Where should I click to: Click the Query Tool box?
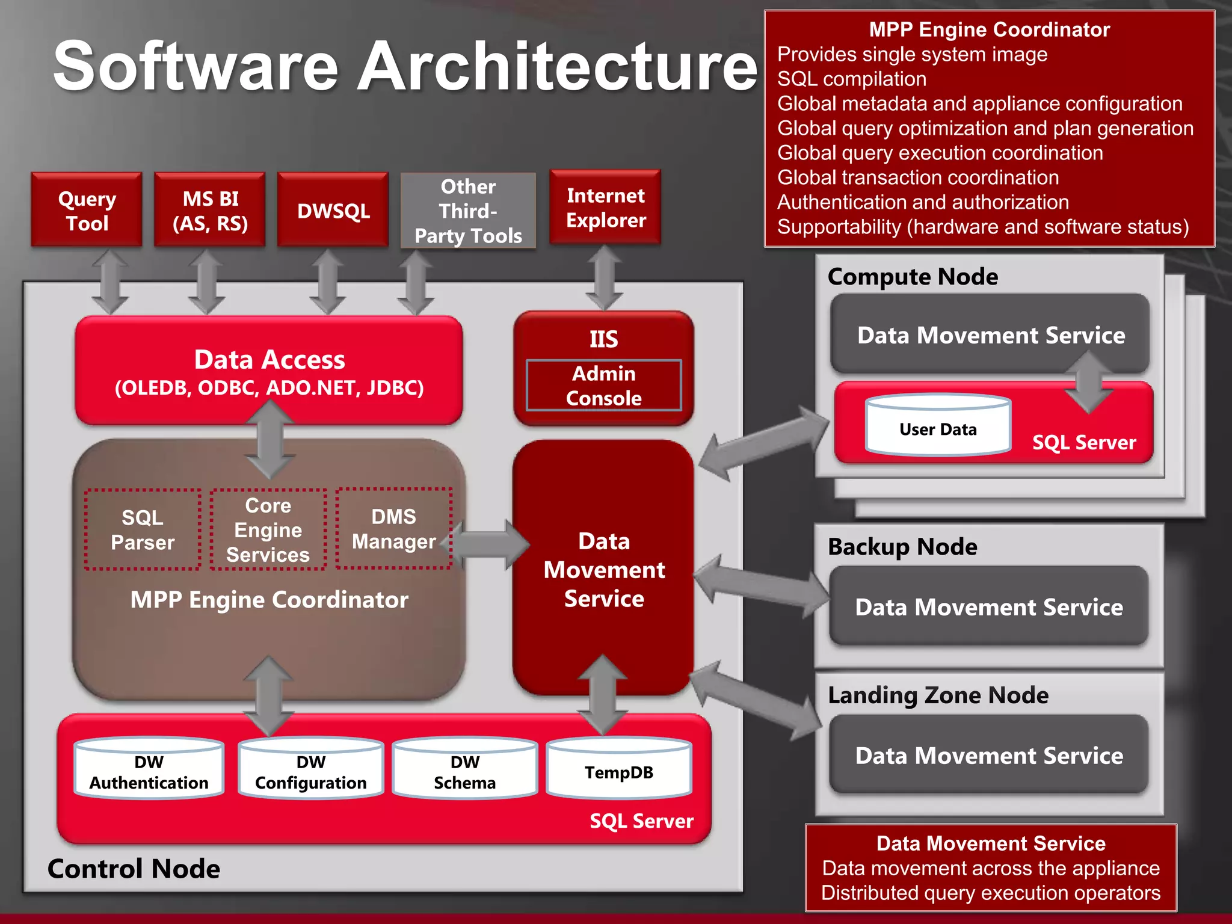pyautogui.click(x=87, y=210)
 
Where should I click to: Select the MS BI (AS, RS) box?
pyautogui.click(x=210, y=210)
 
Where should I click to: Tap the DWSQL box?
pyautogui.click(x=333, y=210)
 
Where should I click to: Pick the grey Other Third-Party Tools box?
pyautogui.click(x=468, y=211)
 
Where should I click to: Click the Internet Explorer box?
pyautogui.click(x=605, y=208)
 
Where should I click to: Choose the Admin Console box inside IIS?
pyautogui.click(x=603, y=386)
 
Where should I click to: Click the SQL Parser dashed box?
pyautogui.click(x=143, y=529)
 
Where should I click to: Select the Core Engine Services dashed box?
pyautogui.click(x=268, y=529)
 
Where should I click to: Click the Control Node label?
pyautogui.click(x=134, y=869)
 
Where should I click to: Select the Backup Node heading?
pyautogui.click(x=902, y=547)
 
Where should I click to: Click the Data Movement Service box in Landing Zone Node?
pyautogui.click(x=988, y=755)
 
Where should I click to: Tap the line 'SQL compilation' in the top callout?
pyautogui.click(x=851, y=79)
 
